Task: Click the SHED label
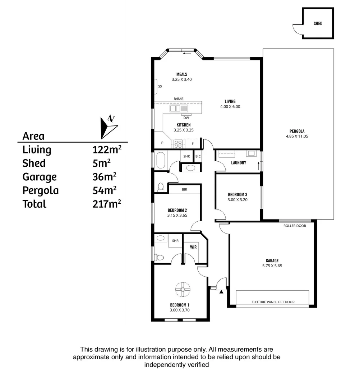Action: (x=318, y=24)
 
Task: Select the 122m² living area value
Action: (x=107, y=149)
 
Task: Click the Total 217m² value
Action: (x=107, y=204)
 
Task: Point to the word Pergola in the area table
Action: (x=40, y=190)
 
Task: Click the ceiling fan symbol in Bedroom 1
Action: (x=183, y=289)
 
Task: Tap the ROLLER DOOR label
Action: (x=295, y=226)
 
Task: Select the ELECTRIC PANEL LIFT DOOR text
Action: (x=273, y=302)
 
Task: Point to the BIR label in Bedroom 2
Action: (x=184, y=189)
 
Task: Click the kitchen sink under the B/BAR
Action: (x=179, y=108)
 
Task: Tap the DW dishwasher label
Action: (x=186, y=118)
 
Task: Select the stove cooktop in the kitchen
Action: (x=178, y=144)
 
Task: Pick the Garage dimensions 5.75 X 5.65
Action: (x=272, y=266)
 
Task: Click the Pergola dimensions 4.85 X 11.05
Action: (x=297, y=136)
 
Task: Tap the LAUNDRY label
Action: (x=239, y=163)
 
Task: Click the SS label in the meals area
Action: (x=160, y=87)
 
